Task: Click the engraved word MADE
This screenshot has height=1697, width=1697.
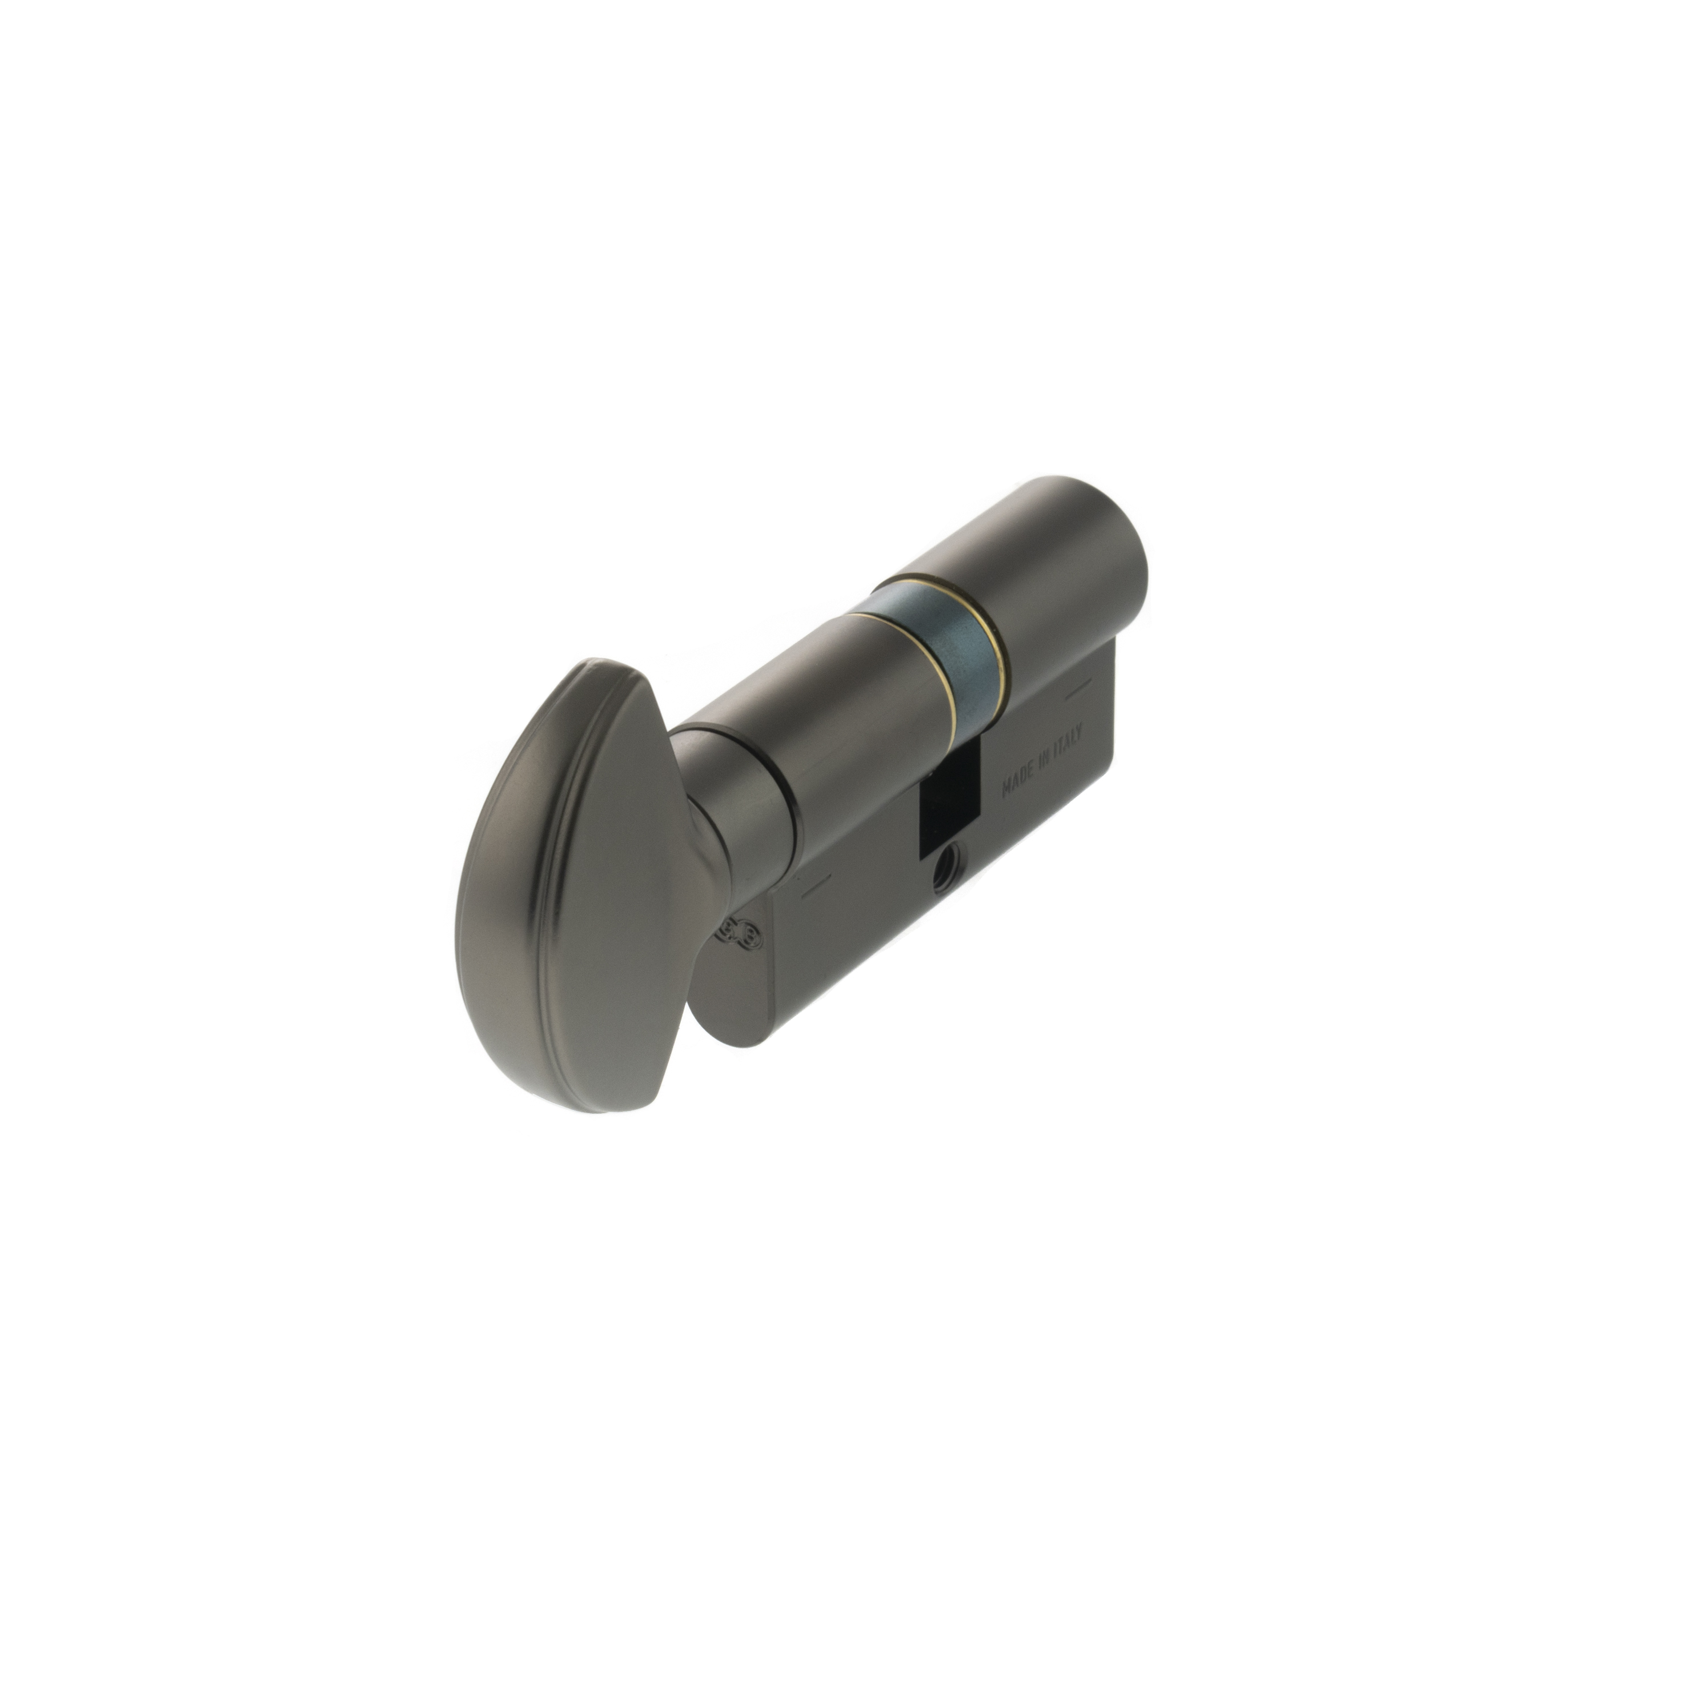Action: (1019, 777)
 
